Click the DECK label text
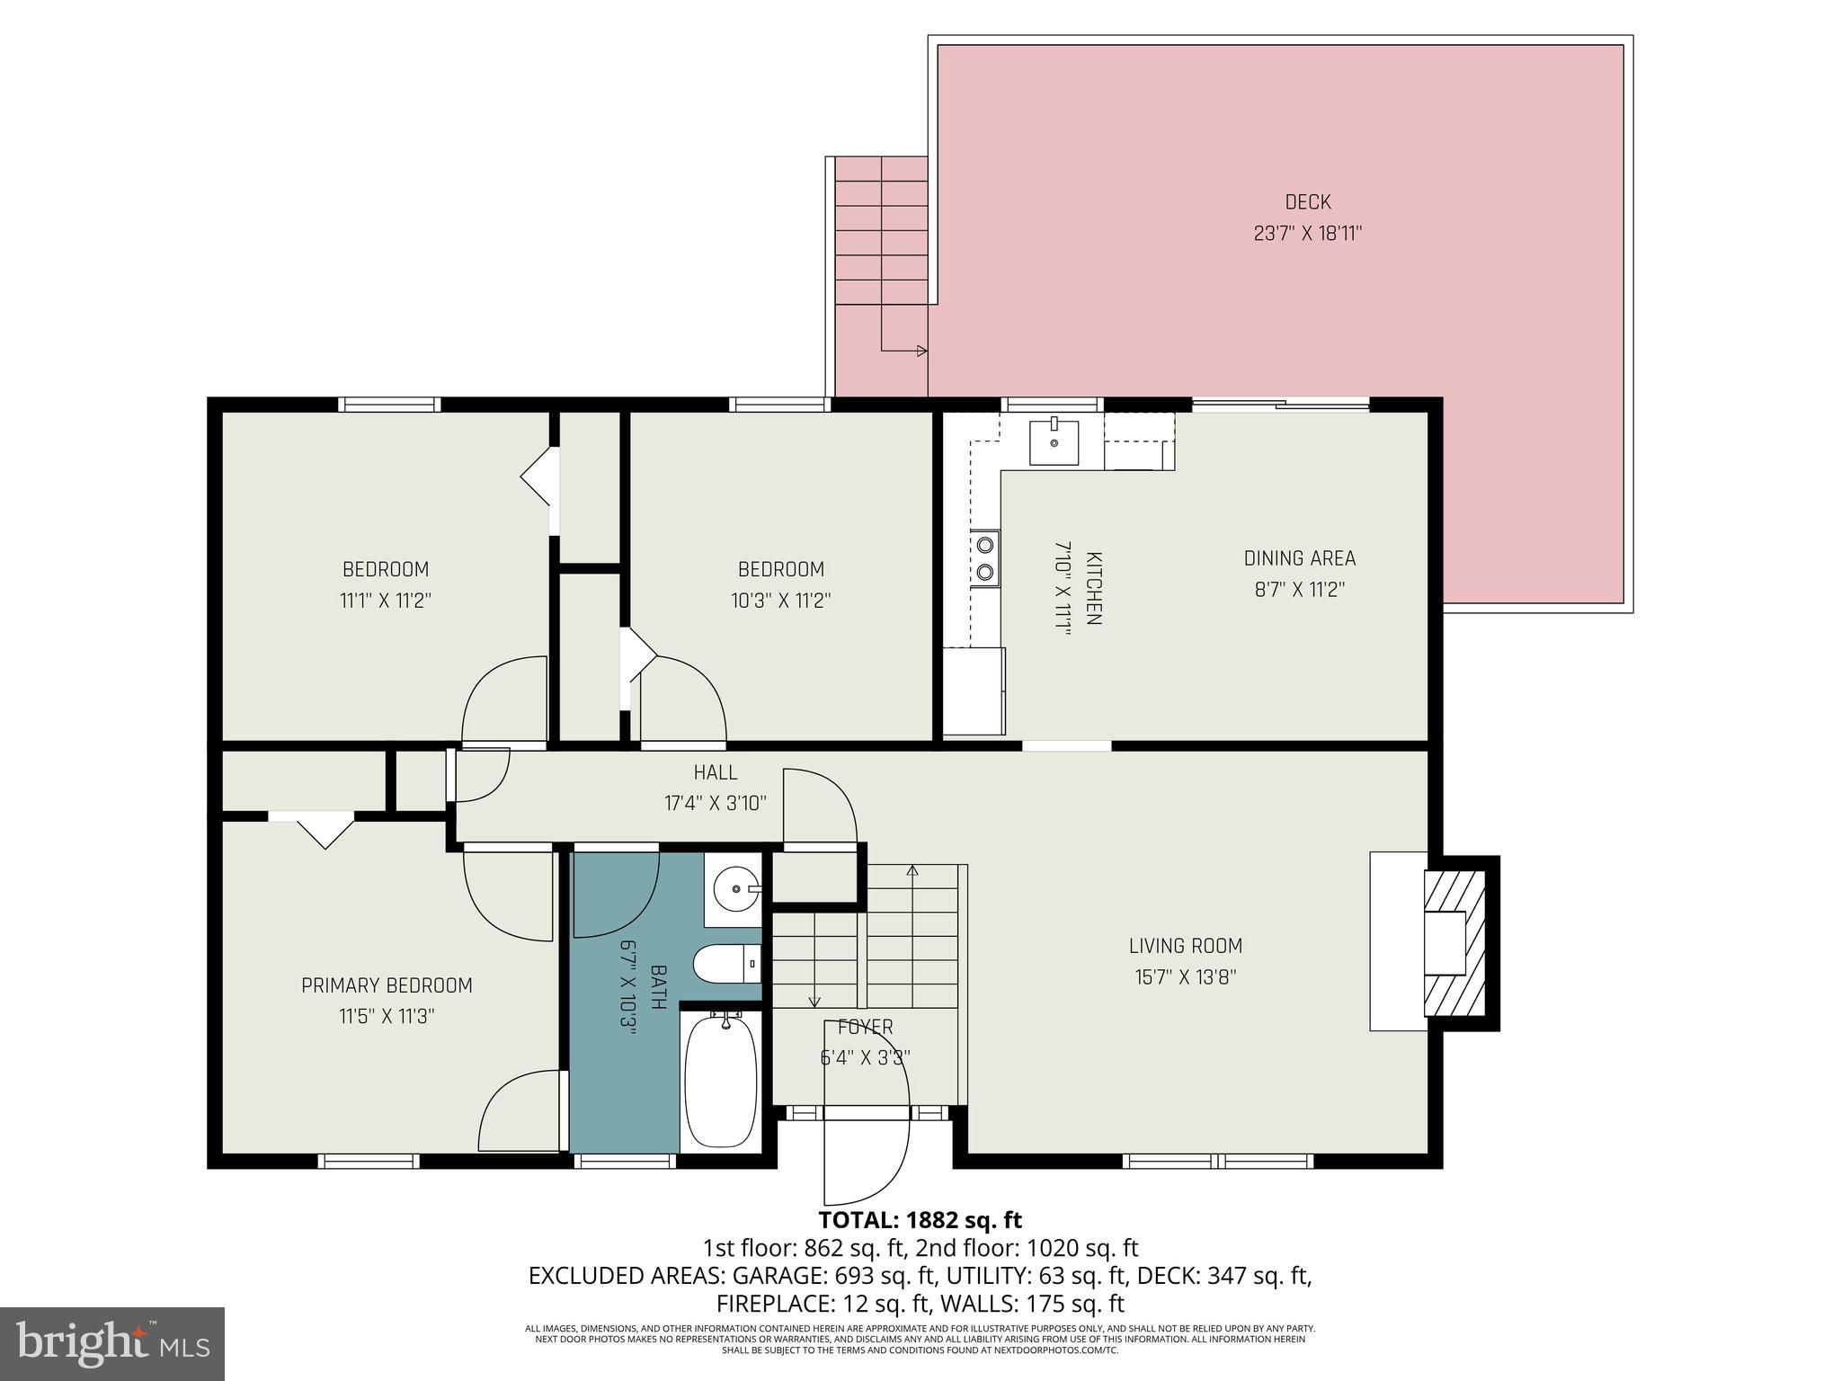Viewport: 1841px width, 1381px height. (x=1307, y=202)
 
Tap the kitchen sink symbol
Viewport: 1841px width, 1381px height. (x=1054, y=441)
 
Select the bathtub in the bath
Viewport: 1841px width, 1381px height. (x=720, y=1080)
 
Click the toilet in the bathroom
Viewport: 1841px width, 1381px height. (x=727, y=965)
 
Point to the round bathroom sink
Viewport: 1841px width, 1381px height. (x=736, y=889)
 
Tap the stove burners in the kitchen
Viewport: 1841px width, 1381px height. (x=986, y=557)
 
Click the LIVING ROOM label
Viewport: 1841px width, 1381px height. (x=1185, y=946)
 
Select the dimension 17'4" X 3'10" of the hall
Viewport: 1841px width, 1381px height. (x=715, y=803)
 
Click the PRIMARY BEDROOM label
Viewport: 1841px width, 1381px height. (x=387, y=985)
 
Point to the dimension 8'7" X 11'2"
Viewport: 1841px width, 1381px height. (x=1299, y=590)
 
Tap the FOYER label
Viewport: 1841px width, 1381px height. (x=865, y=1027)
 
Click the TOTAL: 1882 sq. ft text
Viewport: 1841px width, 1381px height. (x=920, y=1220)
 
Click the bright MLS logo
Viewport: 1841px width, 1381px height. (x=112, y=1343)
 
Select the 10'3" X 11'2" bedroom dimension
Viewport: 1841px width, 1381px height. (x=780, y=600)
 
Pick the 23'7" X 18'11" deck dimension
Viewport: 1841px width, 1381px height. (x=1307, y=234)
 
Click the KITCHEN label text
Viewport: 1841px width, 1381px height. (x=1093, y=589)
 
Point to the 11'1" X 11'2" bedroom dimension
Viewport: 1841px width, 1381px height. (x=385, y=600)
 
